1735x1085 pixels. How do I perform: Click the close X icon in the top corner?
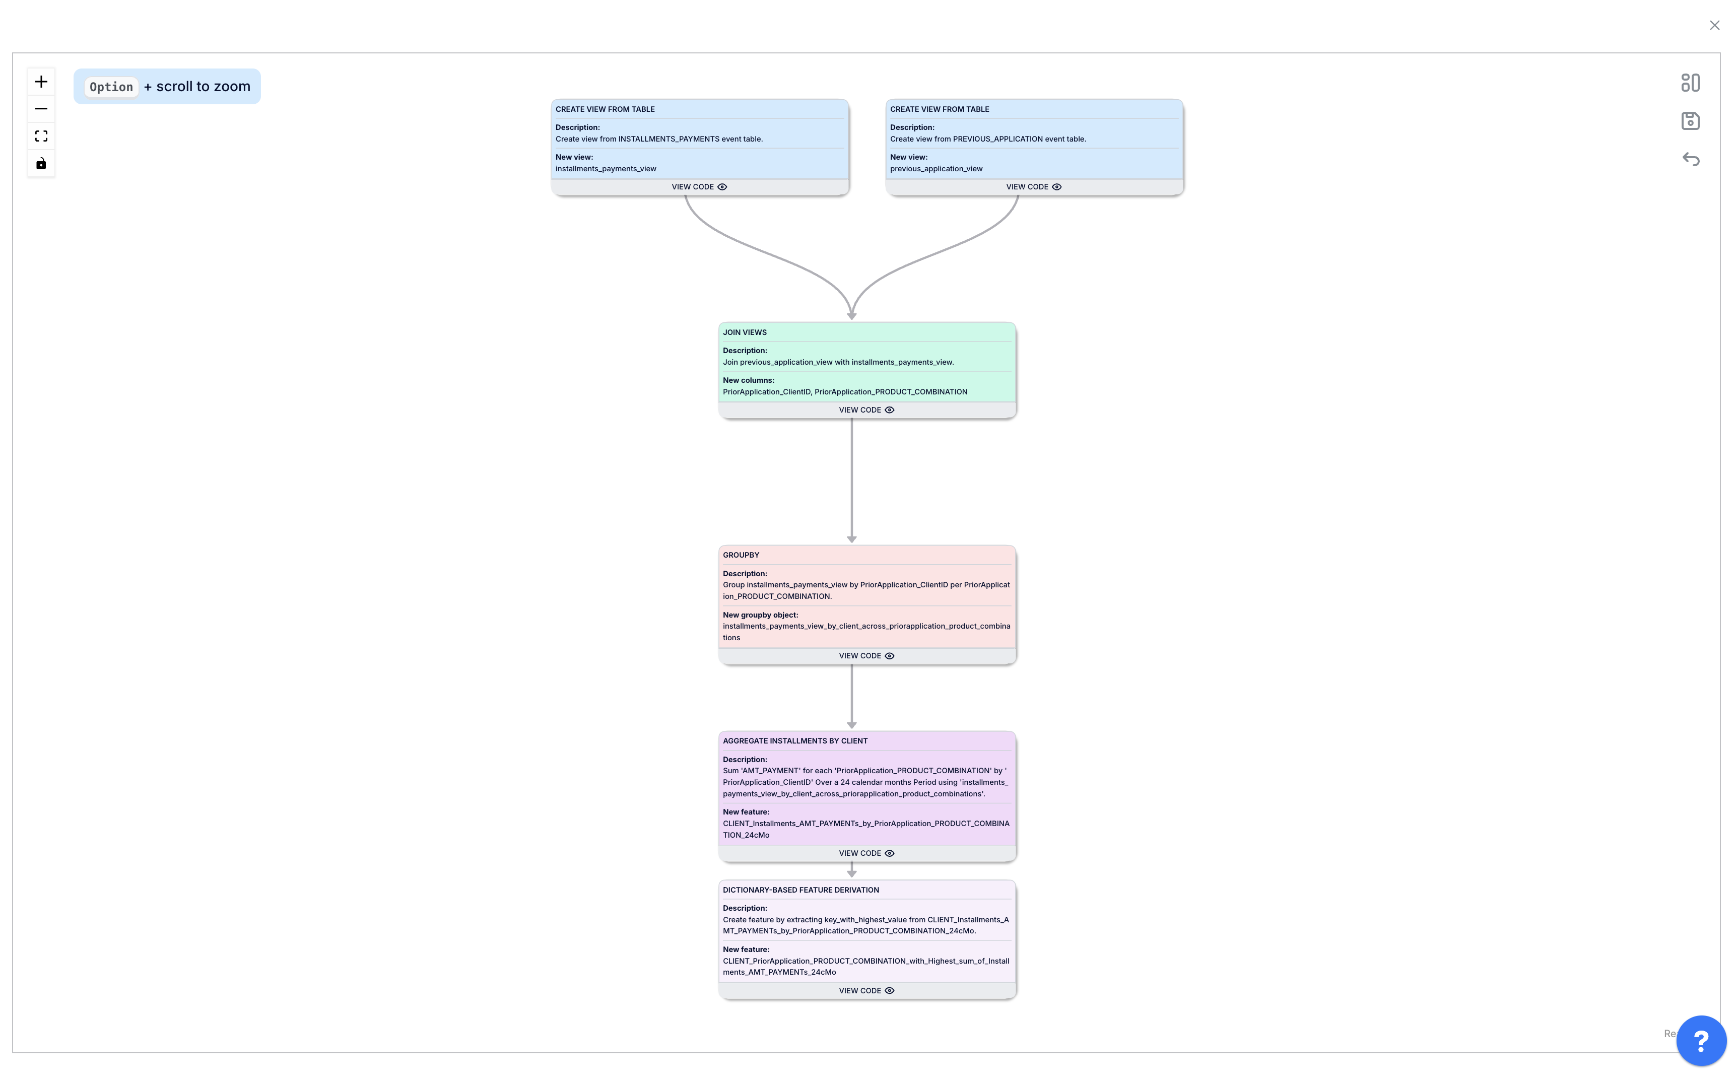point(1714,26)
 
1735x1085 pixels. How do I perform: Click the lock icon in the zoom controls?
point(41,164)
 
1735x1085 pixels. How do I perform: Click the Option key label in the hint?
point(111,87)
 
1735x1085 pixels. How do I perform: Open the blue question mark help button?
point(1701,1041)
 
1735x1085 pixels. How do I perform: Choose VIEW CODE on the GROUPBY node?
point(866,656)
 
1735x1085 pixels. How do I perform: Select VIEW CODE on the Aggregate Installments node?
point(866,853)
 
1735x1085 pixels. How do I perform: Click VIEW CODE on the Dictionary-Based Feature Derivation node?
point(866,991)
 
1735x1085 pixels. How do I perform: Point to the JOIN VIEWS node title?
point(745,333)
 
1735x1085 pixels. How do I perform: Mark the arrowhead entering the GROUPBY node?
point(852,539)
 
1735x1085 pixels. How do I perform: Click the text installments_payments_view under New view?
point(606,169)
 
